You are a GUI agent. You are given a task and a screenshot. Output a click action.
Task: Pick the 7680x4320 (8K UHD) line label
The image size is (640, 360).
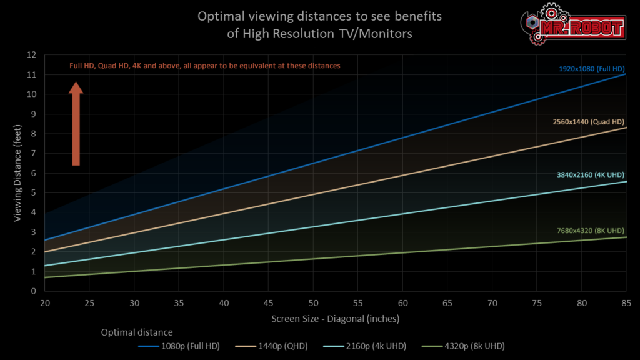click(x=591, y=231)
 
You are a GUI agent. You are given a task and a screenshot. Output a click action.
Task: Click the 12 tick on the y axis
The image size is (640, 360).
click(x=32, y=55)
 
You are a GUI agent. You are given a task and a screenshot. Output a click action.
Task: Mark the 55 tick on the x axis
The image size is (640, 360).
click(x=357, y=303)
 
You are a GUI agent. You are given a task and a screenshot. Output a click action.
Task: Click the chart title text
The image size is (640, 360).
click(x=319, y=25)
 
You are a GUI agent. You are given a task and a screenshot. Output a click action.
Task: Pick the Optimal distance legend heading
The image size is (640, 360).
click(x=137, y=332)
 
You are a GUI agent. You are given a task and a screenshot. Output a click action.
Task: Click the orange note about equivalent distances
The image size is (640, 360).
click(x=204, y=66)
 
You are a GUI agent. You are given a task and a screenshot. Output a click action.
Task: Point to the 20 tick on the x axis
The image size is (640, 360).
click(x=45, y=303)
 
